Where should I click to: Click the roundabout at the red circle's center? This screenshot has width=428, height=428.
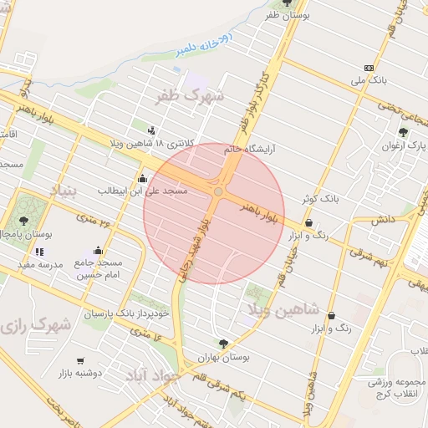point(218,192)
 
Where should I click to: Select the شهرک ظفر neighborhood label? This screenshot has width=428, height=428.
point(191,97)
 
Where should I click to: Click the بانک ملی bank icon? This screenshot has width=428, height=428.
point(369,68)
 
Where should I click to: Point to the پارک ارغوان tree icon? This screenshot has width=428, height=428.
point(403,132)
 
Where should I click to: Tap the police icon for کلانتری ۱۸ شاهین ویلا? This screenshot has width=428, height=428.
point(151,130)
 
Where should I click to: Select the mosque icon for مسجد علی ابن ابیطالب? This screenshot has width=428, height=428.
point(142,178)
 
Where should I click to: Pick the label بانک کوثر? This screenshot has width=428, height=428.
point(322,199)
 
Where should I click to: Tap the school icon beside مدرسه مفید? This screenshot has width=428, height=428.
point(40,252)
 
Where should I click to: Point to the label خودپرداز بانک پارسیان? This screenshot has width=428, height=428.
point(126,313)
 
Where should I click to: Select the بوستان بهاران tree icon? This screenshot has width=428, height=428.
point(222,343)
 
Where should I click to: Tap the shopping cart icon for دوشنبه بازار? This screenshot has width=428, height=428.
point(80,361)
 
